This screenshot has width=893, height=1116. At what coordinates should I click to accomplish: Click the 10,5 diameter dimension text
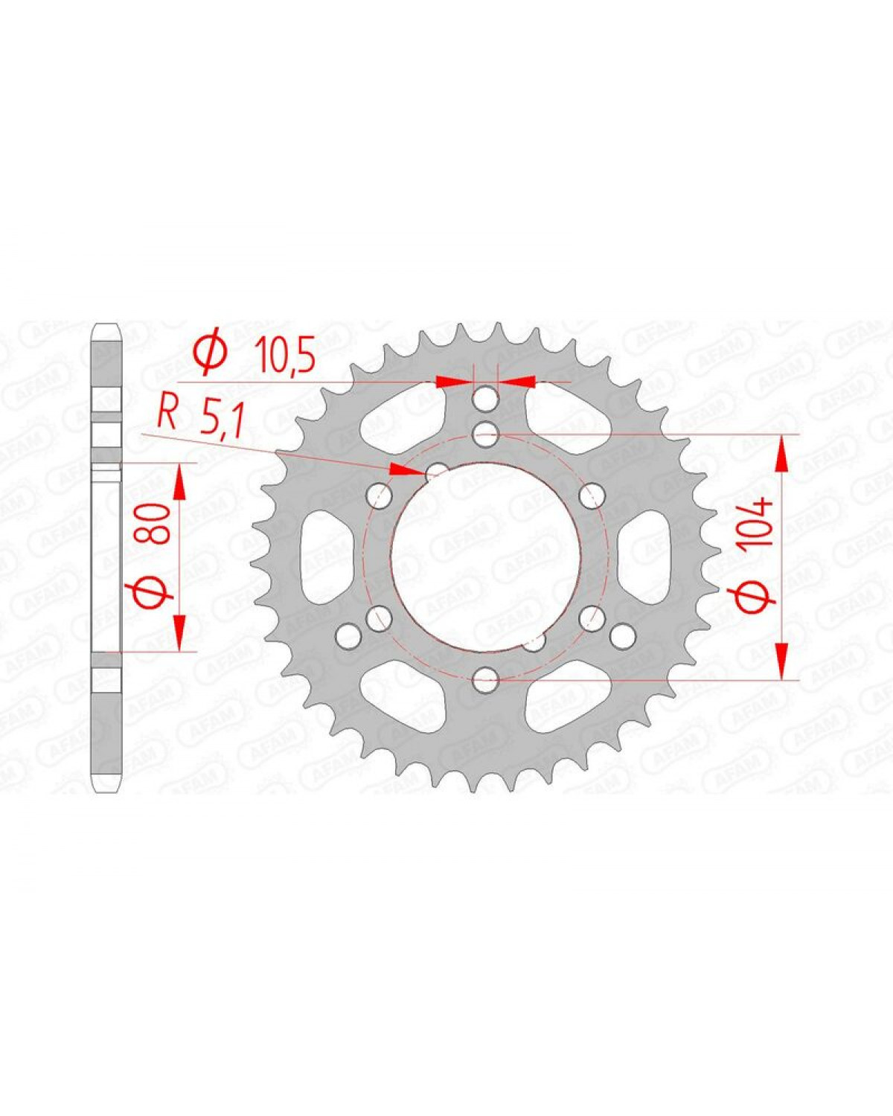click(x=285, y=355)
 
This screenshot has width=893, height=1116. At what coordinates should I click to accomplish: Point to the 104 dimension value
click(x=760, y=526)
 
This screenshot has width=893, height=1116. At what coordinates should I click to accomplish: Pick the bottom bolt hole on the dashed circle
click(x=486, y=678)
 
